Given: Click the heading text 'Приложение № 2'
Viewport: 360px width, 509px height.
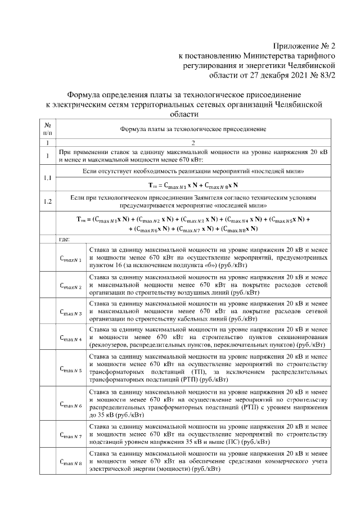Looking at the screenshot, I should [304, 46].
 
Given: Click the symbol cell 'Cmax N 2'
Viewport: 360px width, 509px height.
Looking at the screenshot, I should [71, 286].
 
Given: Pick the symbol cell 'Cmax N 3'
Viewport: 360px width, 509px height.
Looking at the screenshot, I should [71, 312].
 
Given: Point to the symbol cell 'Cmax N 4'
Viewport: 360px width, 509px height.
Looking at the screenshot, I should [71, 339].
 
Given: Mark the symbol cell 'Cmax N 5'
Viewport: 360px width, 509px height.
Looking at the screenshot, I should [71, 370].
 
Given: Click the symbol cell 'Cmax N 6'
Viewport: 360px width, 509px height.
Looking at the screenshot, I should [71, 405].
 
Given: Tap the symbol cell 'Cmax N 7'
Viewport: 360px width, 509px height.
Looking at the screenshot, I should [71, 436].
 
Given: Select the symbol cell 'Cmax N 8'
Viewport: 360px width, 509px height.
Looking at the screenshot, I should [71, 463].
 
